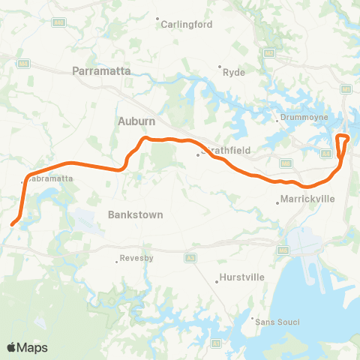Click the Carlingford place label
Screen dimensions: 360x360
coord(187,24)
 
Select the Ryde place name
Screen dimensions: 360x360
coord(235,73)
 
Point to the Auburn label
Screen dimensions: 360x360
coord(136,120)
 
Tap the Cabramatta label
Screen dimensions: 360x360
coord(50,178)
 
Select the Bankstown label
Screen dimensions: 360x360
coord(136,214)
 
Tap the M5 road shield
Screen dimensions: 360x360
coord(283,250)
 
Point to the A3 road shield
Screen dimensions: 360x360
coord(190,257)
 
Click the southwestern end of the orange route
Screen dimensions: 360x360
coord(12,223)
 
